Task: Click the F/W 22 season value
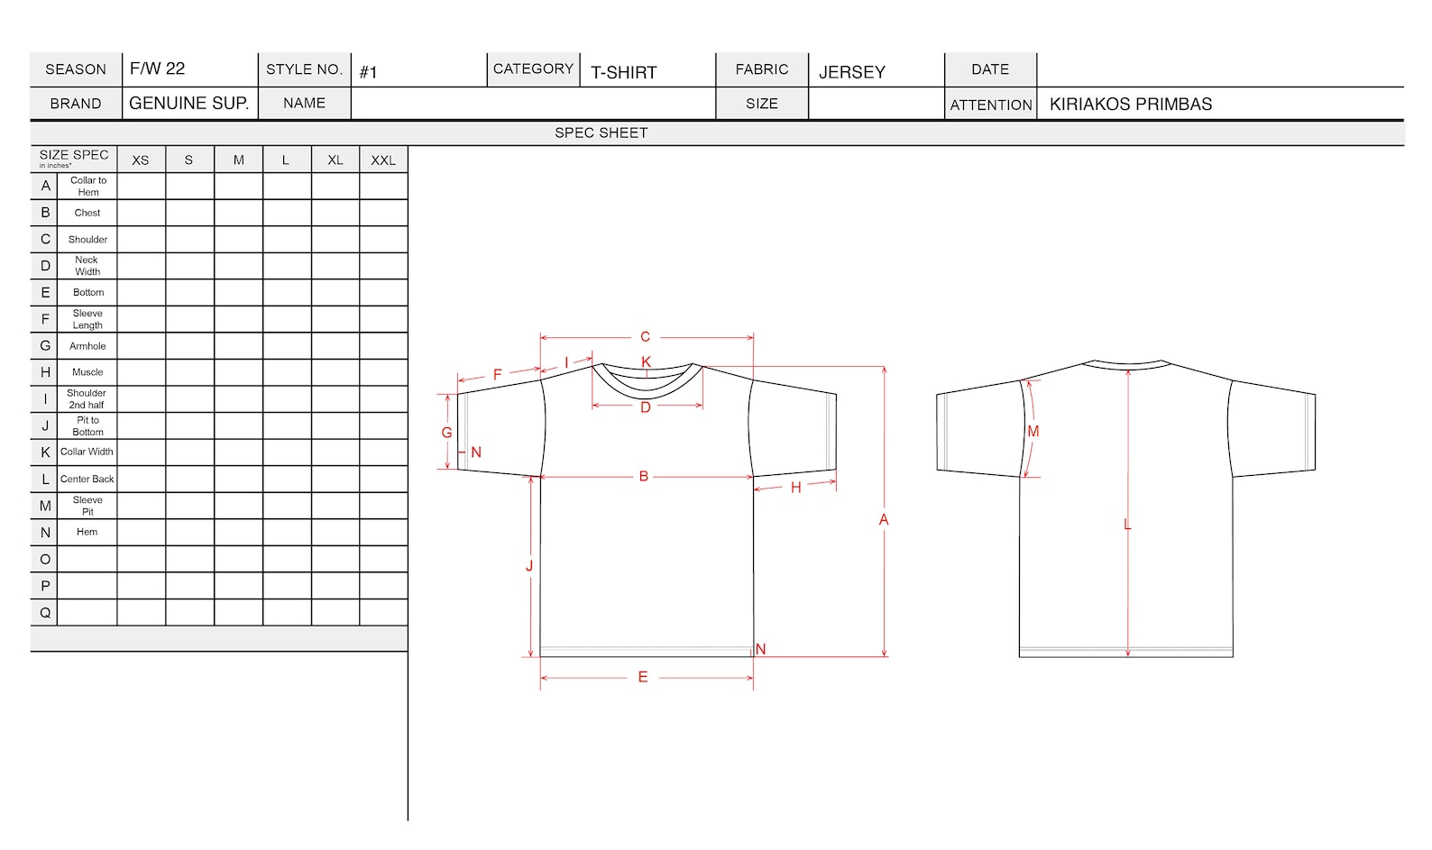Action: [x=157, y=69]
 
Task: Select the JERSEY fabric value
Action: [x=851, y=72]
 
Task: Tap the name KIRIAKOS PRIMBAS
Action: [x=1130, y=105]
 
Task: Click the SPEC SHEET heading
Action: [x=601, y=133]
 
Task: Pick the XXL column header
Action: [x=383, y=160]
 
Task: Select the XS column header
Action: [x=141, y=160]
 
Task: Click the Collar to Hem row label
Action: [x=88, y=186]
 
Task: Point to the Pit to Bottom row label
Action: [x=88, y=425]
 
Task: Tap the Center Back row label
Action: [x=87, y=479]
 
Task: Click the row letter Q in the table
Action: [x=45, y=613]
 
